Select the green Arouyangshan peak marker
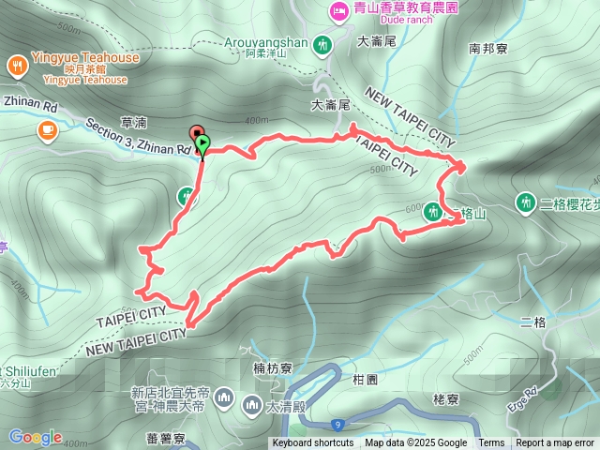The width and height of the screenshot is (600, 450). pos(323,44)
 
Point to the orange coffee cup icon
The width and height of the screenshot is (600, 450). pos(45,130)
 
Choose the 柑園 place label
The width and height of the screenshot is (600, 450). pos(366,380)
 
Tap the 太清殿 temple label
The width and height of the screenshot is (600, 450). pos(281,406)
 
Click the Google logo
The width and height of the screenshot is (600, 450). pos(36,437)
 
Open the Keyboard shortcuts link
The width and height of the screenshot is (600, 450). pos(313,443)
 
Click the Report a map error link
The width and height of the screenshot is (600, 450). pos(554,443)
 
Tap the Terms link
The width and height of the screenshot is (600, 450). pos(491,443)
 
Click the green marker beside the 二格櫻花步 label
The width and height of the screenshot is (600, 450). pos(525,202)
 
